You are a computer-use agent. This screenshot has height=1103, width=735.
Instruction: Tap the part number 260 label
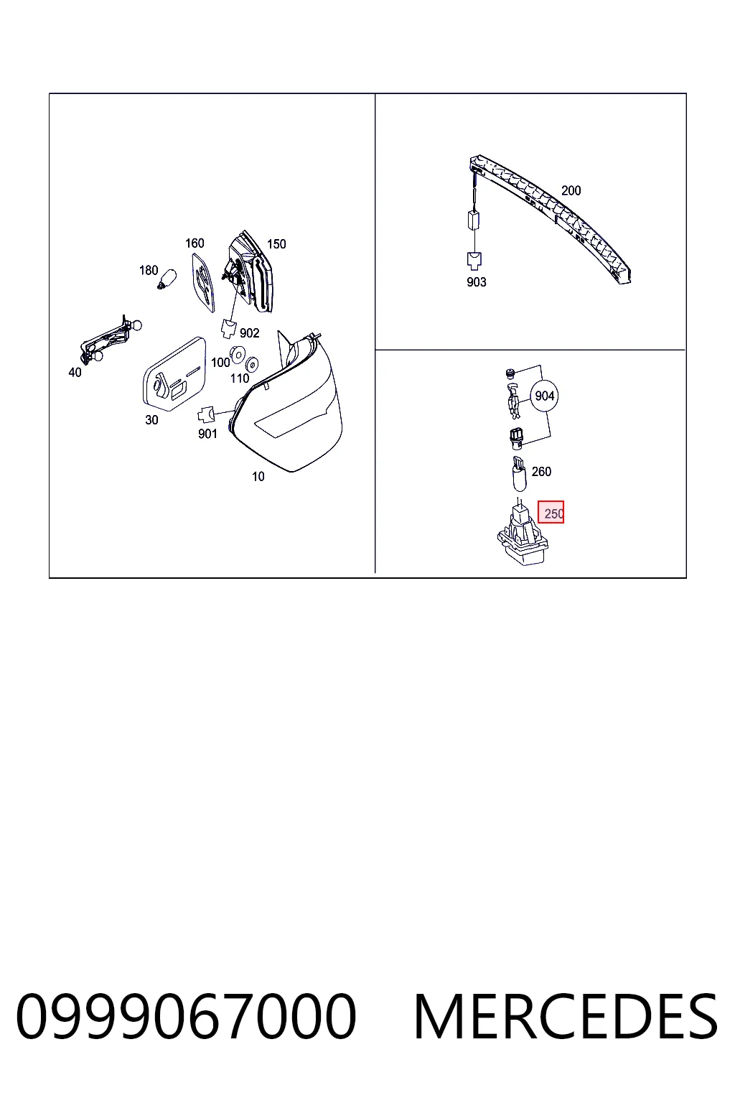pyautogui.click(x=541, y=471)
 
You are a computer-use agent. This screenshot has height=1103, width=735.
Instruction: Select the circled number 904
pyautogui.click(x=545, y=396)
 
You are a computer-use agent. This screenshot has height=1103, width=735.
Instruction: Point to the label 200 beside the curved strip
pyautogui.click(x=571, y=190)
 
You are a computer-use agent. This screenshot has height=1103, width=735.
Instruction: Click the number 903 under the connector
pyautogui.click(x=477, y=282)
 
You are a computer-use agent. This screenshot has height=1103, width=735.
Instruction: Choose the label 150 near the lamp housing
pyautogui.click(x=276, y=244)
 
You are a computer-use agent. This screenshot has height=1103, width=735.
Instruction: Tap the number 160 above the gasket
pyautogui.click(x=195, y=243)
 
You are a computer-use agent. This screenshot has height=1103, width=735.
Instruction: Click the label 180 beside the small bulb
pyautogui.click(x=149, y=270)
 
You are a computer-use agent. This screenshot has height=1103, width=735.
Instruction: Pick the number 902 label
pyautogui.click(x=250, y=333)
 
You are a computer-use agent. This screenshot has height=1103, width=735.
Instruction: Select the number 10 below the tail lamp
pyautogui.click(x=258, y=477)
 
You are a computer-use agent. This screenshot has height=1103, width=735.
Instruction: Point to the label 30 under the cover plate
pyautogui.click(x=151, y=420)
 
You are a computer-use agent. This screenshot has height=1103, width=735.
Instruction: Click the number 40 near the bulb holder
pyautogui.click(x=75, y=373)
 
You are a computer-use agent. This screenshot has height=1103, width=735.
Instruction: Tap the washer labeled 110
pyautogui.click(x=252, y=364)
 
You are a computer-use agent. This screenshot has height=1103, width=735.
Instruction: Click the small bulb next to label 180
pyautogui.click(x=167, y=279)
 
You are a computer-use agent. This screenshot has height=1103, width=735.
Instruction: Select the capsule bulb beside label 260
pyautogui.click(x=519, y=474)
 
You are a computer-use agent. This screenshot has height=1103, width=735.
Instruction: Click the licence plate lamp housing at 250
pyautogui.click(x=523, y=536)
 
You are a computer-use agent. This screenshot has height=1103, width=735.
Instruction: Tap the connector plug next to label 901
pyautogui.click(x=206, y=414)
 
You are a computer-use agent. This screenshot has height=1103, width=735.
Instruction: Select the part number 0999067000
pyautogui.click(x=186, y=1016)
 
